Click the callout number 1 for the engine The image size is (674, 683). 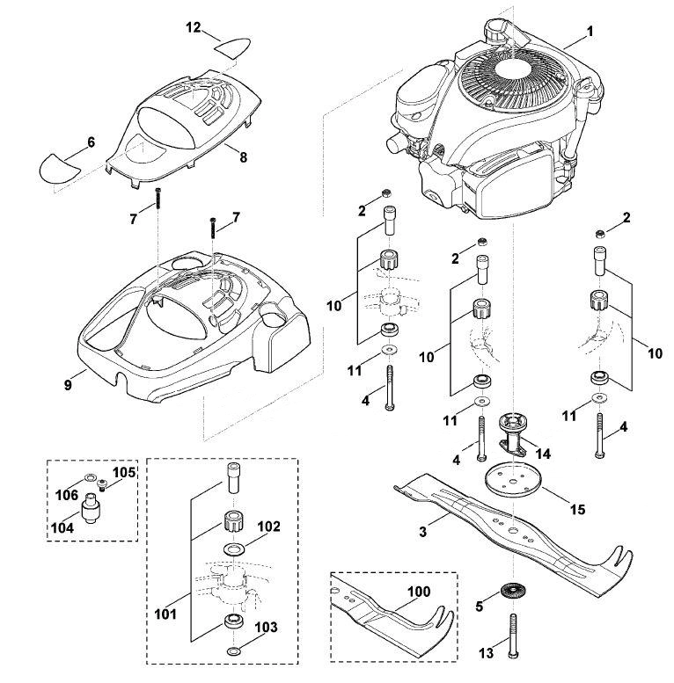(590, 32)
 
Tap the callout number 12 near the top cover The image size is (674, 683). (193, 27)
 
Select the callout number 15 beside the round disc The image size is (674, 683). (578, 509)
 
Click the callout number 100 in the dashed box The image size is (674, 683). (419, 592)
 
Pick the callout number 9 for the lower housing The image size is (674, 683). (68, 385)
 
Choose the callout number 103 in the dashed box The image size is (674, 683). (266, 627)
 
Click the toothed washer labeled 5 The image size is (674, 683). (513, 591)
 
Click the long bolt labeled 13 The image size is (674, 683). (513, 636)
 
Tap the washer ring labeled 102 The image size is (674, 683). (234, 549)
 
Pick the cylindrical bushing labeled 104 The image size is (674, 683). (91, 508)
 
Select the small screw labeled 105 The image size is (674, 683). (103, 483)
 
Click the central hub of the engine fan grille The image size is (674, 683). (514, 73)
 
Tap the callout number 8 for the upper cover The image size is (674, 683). (243, 157)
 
